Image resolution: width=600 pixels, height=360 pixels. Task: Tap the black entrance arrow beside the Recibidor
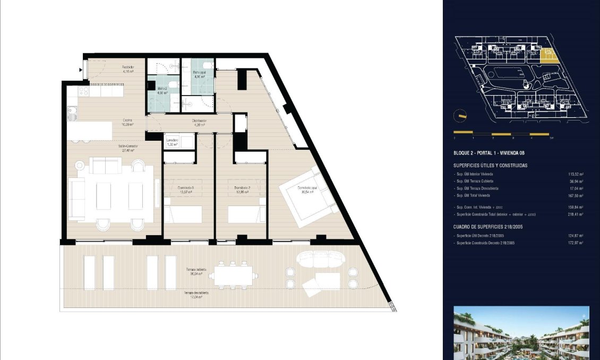81,70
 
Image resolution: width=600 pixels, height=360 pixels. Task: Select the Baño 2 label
161,90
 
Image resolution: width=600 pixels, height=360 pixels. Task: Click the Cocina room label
127,122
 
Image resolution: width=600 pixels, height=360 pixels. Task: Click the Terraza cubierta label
195,271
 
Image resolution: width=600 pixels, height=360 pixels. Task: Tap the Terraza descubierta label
196,295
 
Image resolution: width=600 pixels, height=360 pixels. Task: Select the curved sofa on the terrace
320,259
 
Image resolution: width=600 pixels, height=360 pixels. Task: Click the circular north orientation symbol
460,116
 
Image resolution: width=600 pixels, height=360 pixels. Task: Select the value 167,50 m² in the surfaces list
576,196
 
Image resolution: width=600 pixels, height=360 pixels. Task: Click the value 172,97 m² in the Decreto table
576,243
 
